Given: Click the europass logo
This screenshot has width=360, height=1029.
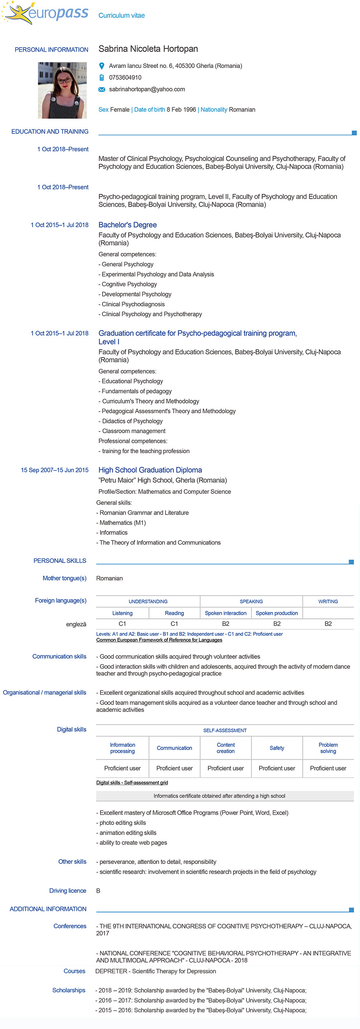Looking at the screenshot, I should tap(46, 13).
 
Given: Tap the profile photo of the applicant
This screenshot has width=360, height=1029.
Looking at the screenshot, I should tap(62, 90).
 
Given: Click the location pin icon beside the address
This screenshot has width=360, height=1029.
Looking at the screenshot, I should tap(102, 66).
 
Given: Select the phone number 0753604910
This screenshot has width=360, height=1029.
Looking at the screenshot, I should tap(125, 78).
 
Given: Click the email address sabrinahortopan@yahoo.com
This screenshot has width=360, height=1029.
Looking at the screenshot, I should tap(147, 89).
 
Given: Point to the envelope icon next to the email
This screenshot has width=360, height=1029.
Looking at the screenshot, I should tap(102, 89).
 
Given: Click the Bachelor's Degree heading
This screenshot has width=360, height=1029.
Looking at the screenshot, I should tap(127, 225).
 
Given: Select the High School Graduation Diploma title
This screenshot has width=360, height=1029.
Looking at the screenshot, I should tap(150, 470).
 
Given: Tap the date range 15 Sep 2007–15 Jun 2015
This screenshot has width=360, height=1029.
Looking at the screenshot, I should tap(55, 470).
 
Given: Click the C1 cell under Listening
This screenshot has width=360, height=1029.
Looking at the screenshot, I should tap(122, 624).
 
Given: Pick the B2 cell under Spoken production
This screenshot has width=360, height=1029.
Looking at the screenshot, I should tap(277, 624).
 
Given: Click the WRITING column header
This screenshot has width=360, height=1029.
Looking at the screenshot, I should tap(328, 602).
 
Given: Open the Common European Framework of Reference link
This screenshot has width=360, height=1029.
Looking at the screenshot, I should tap(159, 640).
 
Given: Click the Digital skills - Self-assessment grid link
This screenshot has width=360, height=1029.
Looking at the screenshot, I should tap(132, 783).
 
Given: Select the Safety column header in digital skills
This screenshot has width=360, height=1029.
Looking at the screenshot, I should tap(277, 748).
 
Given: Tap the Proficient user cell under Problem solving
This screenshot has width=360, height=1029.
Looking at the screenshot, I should tap(328, 768).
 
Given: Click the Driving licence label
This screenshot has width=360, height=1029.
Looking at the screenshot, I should tap(68, 891).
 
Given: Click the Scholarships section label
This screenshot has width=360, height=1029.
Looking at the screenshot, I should tap(69, 990).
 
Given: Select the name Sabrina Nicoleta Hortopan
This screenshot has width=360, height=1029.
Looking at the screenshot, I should tap(148, 49).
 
